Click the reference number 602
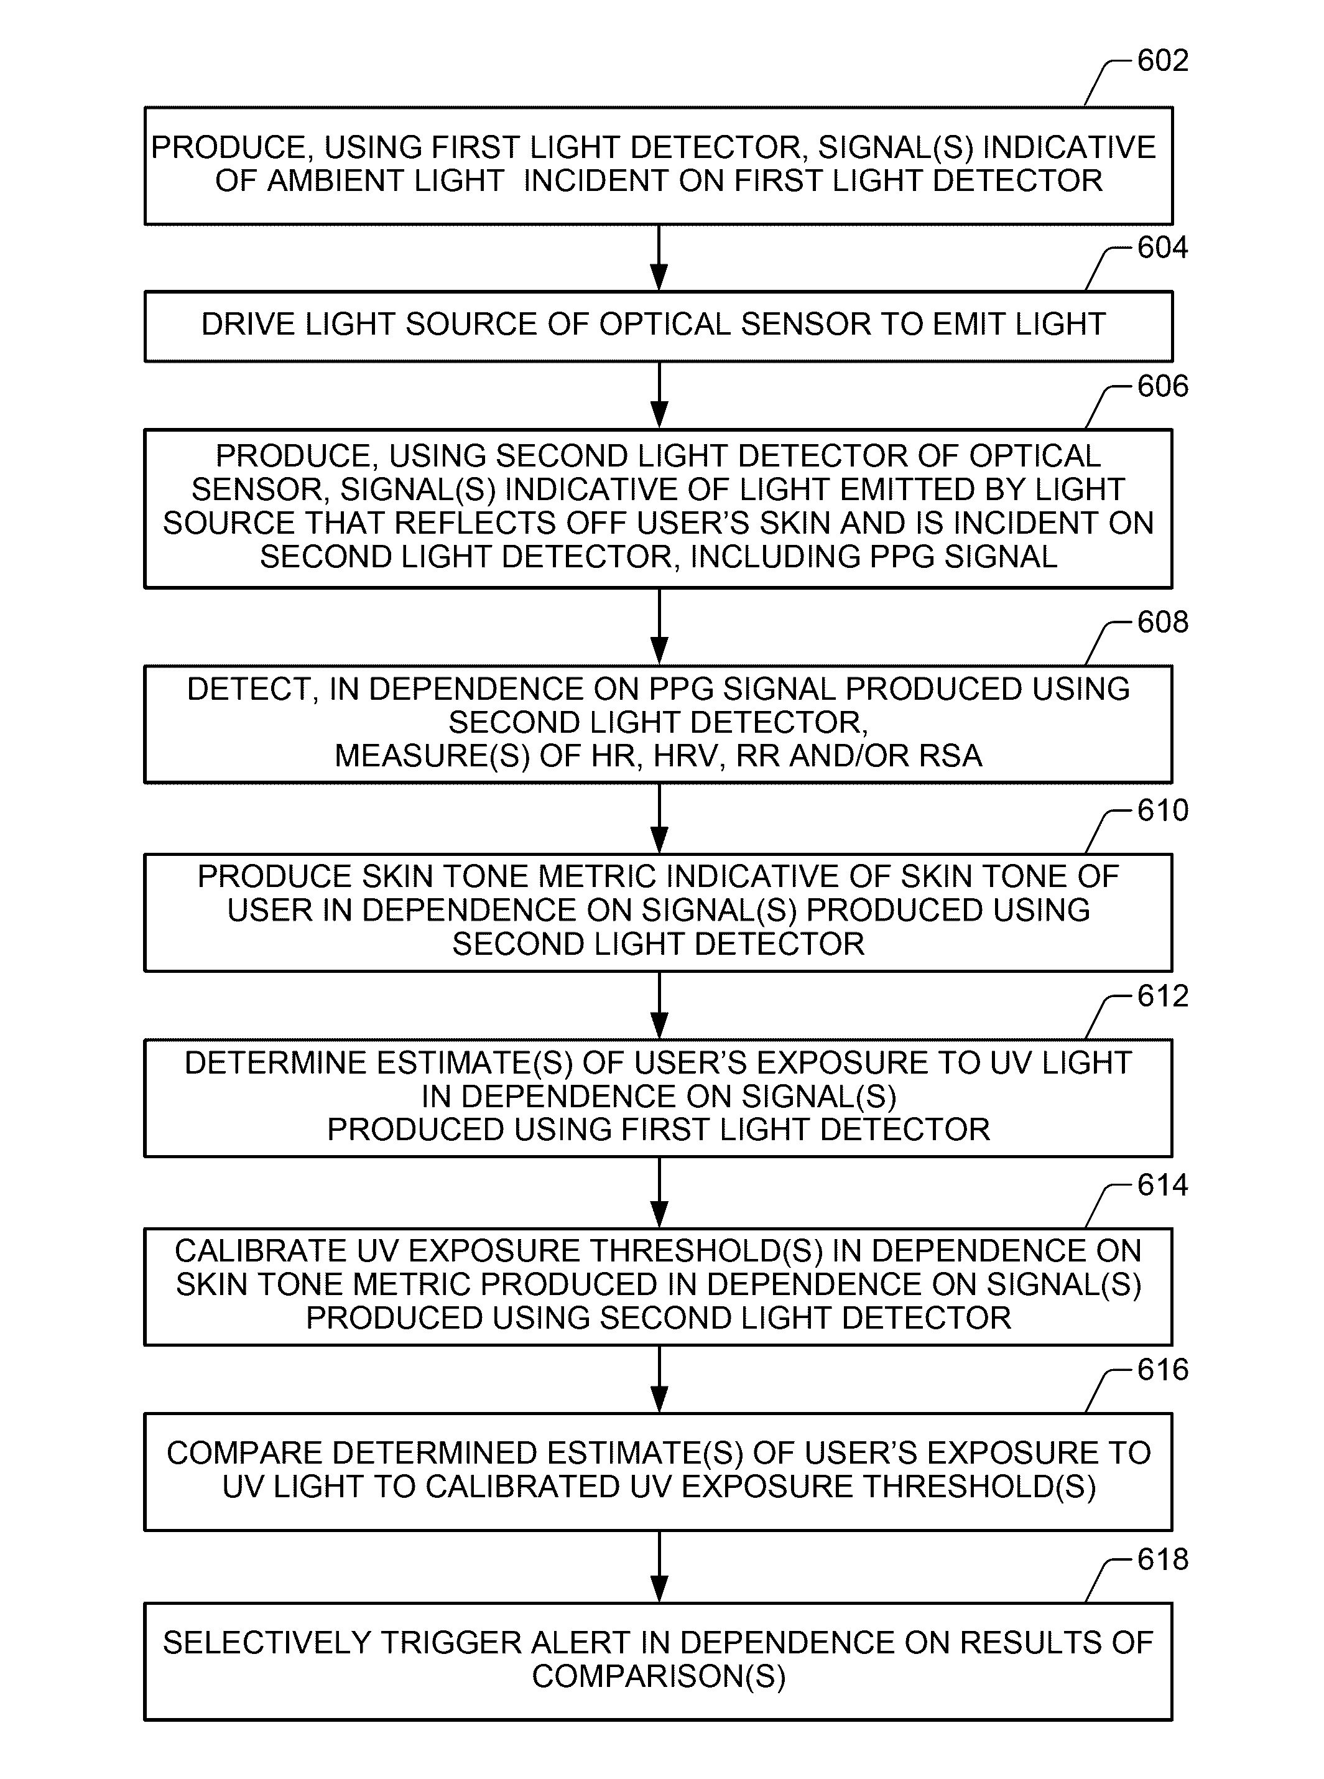tap(1162, 61)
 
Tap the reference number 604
tap(1162, 248)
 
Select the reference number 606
tap(1162, 386)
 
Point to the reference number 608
tap(1162, 622)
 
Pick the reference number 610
tap(1162, 811)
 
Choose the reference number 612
tap(1162, 996)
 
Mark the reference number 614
tap(1162, 1185)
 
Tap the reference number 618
tap(1162, 1559)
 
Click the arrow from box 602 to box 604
tap(659, 258)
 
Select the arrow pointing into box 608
tap(659, 627)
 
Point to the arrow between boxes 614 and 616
tap(659, 1379)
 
